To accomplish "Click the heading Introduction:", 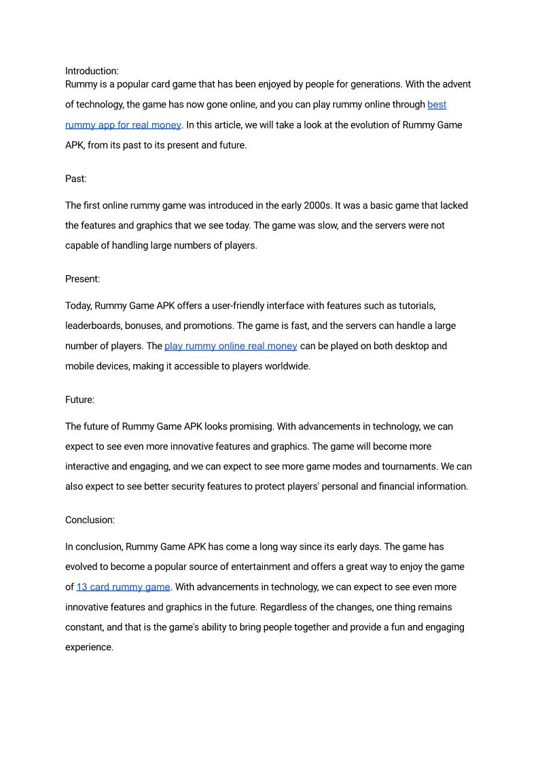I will coord(92,71).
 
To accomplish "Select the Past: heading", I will coord(76,179).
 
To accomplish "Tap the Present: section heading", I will coord(83,279).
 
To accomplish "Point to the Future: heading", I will coord(79,400).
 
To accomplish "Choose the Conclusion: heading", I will coord(90,520).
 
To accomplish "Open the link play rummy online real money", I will coord(230,346).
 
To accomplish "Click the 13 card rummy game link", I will coord(123,587).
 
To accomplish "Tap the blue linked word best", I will coord(437,105).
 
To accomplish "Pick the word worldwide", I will coord(285,366).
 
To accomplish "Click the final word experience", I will coord(88,647).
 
